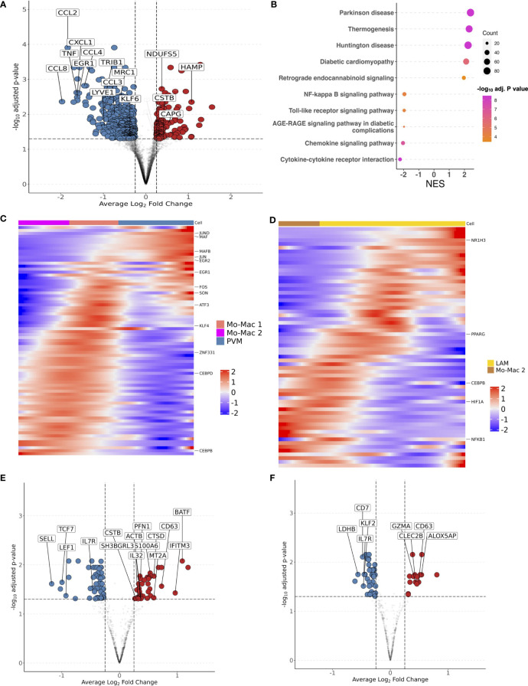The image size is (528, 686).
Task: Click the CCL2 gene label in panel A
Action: (67, 13)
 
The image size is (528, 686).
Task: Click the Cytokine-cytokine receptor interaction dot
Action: (399, 159)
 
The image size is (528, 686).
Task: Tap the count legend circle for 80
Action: (487, 71)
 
